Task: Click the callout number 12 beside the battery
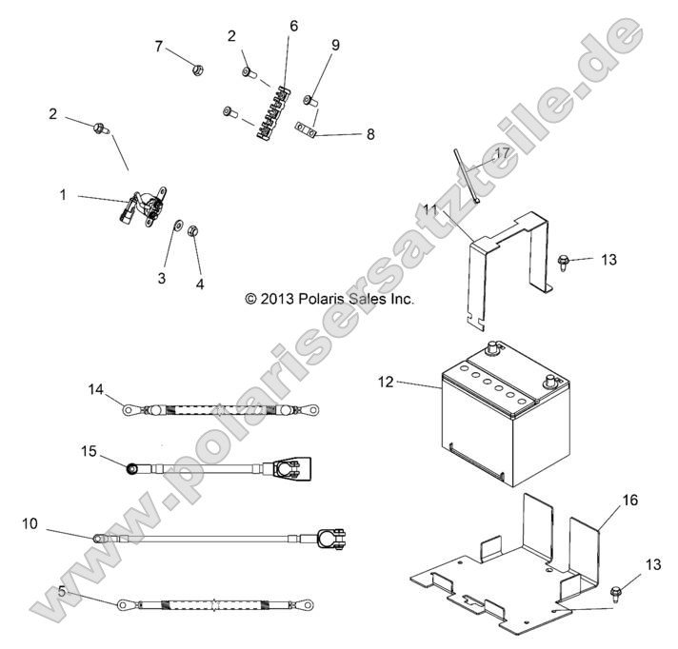(386, 382)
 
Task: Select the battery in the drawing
(506, 414)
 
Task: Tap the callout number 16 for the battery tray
(630, 500)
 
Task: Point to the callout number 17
(502, 153)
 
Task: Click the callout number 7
(159, 47)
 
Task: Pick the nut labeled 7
(198, 69)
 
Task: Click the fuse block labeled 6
(273, 113)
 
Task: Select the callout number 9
(335, 45)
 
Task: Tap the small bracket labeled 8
(306, 130)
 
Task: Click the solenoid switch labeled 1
(144, 206)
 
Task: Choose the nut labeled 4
(193, 230)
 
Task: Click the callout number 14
(96, 389)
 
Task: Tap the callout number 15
(89, 451)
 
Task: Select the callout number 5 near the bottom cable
(62, 591)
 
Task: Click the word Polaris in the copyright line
(320, 299)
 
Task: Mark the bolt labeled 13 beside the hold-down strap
(562, 263)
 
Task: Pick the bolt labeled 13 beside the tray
(615, 593)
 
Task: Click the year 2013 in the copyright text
(277, 299)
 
